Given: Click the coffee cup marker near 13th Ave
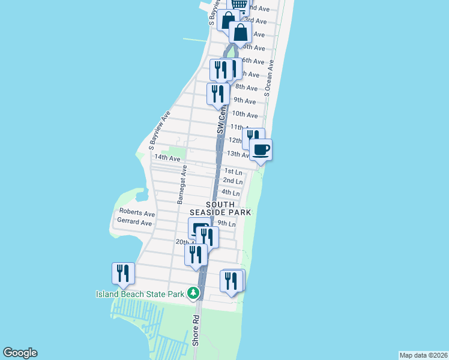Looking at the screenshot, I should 261,149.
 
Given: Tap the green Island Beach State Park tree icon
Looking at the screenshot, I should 193,293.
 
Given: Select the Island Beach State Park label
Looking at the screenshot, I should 140,293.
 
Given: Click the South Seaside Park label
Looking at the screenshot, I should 220,208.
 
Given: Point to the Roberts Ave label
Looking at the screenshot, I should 137,212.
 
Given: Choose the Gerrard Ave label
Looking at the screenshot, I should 135,222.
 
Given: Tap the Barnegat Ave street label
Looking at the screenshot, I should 182,185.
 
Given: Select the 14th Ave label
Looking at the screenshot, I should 167,158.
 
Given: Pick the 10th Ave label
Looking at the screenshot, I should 245,114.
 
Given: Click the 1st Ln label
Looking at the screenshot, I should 233,172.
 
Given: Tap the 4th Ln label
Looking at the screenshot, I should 231,193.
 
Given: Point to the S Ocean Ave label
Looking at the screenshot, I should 270,78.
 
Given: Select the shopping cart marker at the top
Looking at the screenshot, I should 240,5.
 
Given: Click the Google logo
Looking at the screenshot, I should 20,353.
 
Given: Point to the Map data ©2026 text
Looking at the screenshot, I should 424,355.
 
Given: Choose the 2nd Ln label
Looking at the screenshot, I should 233,181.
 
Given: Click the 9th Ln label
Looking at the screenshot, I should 226,223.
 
